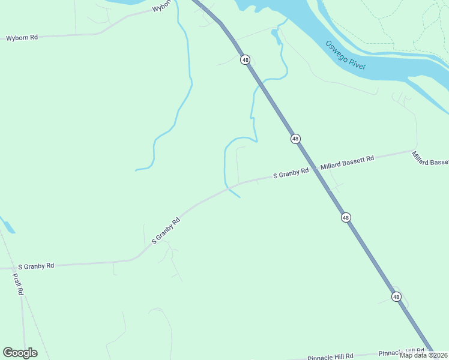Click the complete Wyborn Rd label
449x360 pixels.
click(22, 37)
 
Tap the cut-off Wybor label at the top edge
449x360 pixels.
click(162, 7)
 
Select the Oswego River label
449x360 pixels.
click(345, 55)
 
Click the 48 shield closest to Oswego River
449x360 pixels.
click(245, 59)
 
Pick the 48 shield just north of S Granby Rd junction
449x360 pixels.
click(295, 139)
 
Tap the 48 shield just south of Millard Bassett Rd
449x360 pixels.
click(346, 217)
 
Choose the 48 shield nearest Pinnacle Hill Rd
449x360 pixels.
click(396, 296)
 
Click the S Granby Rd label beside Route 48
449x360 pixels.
click(291, 173)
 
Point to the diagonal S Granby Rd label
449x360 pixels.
click(166, 230)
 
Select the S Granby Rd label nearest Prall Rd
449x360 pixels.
click(36, 265)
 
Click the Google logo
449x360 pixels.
click(20, 353)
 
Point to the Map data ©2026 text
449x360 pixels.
click(423, 355)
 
